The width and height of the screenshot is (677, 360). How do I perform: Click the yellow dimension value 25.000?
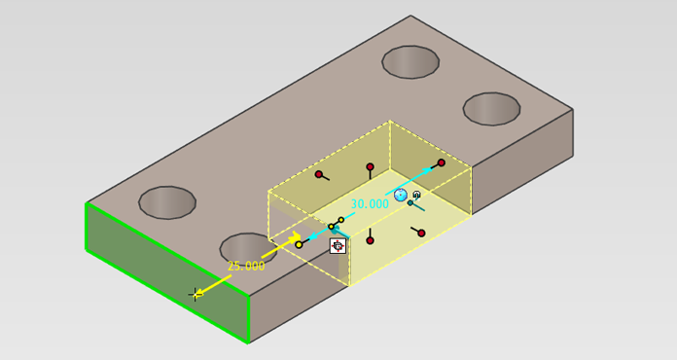tap(246, 266)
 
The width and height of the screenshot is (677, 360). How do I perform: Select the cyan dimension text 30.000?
tap(370, 203)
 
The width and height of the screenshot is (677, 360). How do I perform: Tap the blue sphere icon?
tap(401, 196)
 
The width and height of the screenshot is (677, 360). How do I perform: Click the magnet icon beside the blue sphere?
tap(416, 196)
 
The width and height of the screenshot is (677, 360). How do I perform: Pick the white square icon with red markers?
tap(338, 246)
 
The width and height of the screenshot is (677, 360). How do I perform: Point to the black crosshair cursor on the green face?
tap(195, 295)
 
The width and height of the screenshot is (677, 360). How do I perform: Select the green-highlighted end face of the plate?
tap(167, 272)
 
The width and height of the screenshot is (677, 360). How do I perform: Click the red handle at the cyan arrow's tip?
tap(441, 162)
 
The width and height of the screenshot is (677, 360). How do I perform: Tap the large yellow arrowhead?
tap(296, 237)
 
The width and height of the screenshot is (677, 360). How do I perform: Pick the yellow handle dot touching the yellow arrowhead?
tap(300, 245)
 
